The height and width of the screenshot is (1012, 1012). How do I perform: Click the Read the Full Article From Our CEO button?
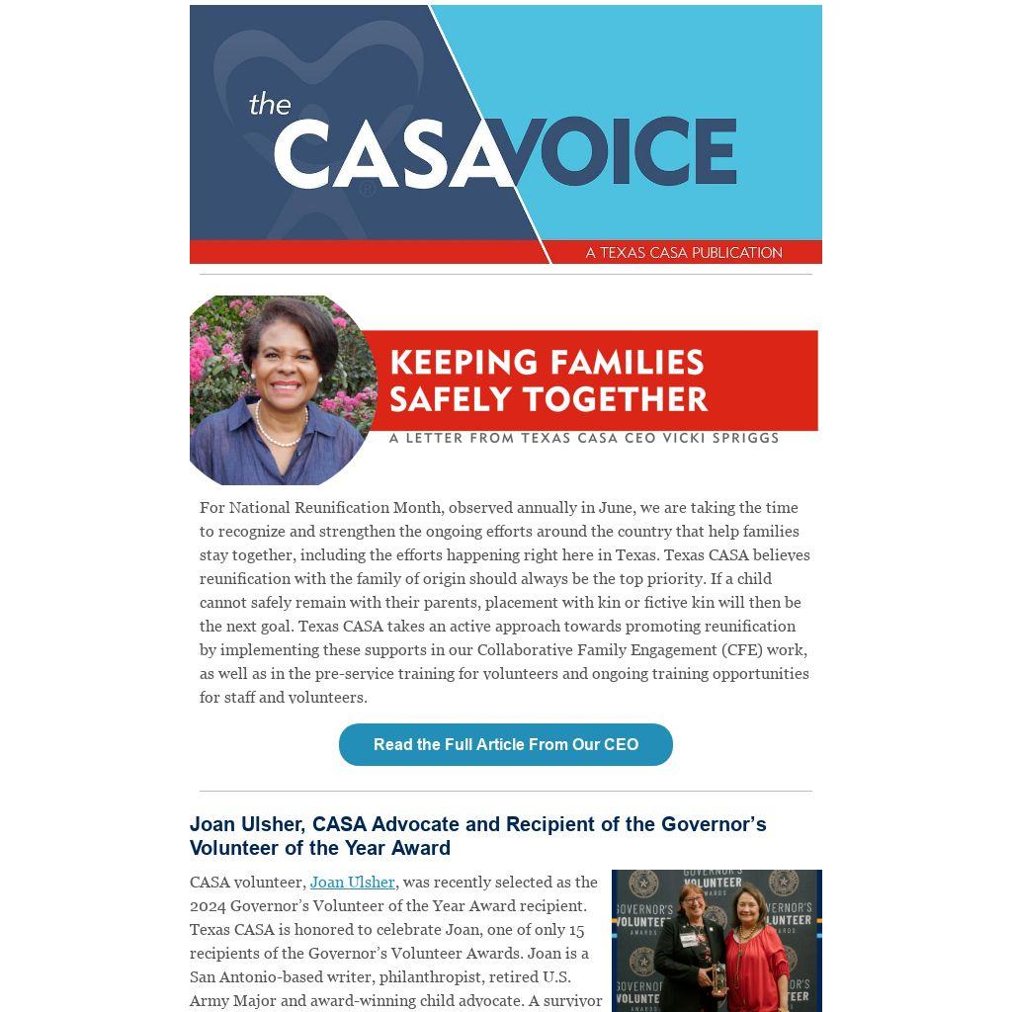pos(505,744)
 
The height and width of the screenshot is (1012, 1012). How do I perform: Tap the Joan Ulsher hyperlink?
pos(352,882)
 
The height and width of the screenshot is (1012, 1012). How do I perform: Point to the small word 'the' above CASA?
pos(269,104)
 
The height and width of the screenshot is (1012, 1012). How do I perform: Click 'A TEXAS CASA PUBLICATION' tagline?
pos(683,253)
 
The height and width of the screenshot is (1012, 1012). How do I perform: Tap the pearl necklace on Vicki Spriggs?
pos(280,433)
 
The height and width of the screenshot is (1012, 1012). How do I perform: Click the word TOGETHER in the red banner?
pos(628,399)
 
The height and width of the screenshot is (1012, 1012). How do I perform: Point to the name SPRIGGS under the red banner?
pos(740,437)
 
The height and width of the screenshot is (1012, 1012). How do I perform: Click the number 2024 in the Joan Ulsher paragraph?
pos(208,905)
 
